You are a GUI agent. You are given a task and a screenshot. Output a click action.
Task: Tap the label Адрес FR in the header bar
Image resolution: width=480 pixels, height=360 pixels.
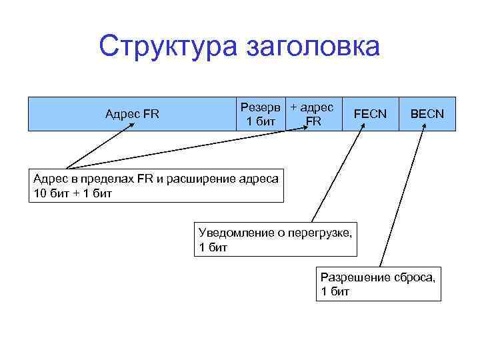point(132,113)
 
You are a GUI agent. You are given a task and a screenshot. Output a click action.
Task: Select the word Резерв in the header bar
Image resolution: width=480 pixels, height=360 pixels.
point(263,107)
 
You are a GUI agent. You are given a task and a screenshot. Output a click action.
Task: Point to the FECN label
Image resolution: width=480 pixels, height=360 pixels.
point(370,113)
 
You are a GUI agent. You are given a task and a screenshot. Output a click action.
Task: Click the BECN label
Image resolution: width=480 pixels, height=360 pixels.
point(427,113)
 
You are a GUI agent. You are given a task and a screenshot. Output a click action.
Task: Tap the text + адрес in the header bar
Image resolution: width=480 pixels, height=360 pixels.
point(312,107)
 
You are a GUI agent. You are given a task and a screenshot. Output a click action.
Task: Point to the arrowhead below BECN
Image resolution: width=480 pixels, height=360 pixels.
point(422,129)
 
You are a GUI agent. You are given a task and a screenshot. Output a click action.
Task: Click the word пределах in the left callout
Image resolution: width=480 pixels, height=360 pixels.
point(108,179)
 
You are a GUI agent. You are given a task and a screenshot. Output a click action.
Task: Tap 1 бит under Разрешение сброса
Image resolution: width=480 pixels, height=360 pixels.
point(335,291)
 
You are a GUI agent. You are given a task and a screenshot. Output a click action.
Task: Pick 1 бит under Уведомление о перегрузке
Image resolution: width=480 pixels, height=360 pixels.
point(213,247)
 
